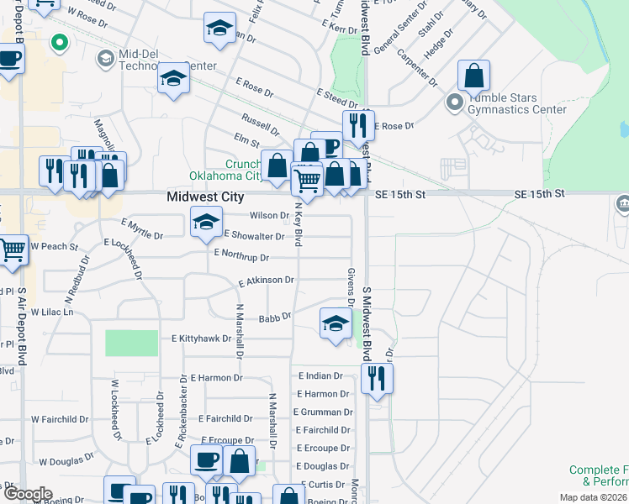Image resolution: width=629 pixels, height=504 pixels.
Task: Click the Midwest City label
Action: pyautogui.click(x=205, y=197)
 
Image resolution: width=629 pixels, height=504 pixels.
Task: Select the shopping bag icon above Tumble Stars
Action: pyautogui.click(x=474, y=76)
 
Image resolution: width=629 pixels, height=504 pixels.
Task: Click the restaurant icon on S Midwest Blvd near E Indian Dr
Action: pyautogui.click(x=377, y=378)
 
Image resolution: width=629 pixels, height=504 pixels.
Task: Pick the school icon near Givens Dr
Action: pyautogui.click(x=335, y=323)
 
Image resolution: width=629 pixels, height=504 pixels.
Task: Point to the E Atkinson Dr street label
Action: pyautogui.click(x=267, y=281)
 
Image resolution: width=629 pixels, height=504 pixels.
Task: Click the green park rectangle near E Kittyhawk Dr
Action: pyautogui.click(x=131, y=343)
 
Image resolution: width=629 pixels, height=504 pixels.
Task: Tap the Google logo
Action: pyautogui.click(x=27, y=494)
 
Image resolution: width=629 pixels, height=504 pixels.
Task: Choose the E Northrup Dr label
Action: pyautogui.click(x=241, y=255)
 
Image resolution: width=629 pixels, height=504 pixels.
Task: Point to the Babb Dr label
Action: pyautogui.click(x=274, y=318)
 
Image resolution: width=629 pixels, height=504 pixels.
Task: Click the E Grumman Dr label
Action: pyautogui.click(x=324, y=412)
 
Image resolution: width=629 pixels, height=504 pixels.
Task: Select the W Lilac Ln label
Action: pyautogui.click(x=52, y=312)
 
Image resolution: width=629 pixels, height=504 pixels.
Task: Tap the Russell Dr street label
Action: pyautogui.click(x=260, y=124)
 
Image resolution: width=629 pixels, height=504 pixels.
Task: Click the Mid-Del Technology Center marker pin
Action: pyautogui.click(x=106, y=58)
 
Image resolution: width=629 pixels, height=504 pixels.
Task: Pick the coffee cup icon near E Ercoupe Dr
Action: pyautogui.click(x=207, y=459)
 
